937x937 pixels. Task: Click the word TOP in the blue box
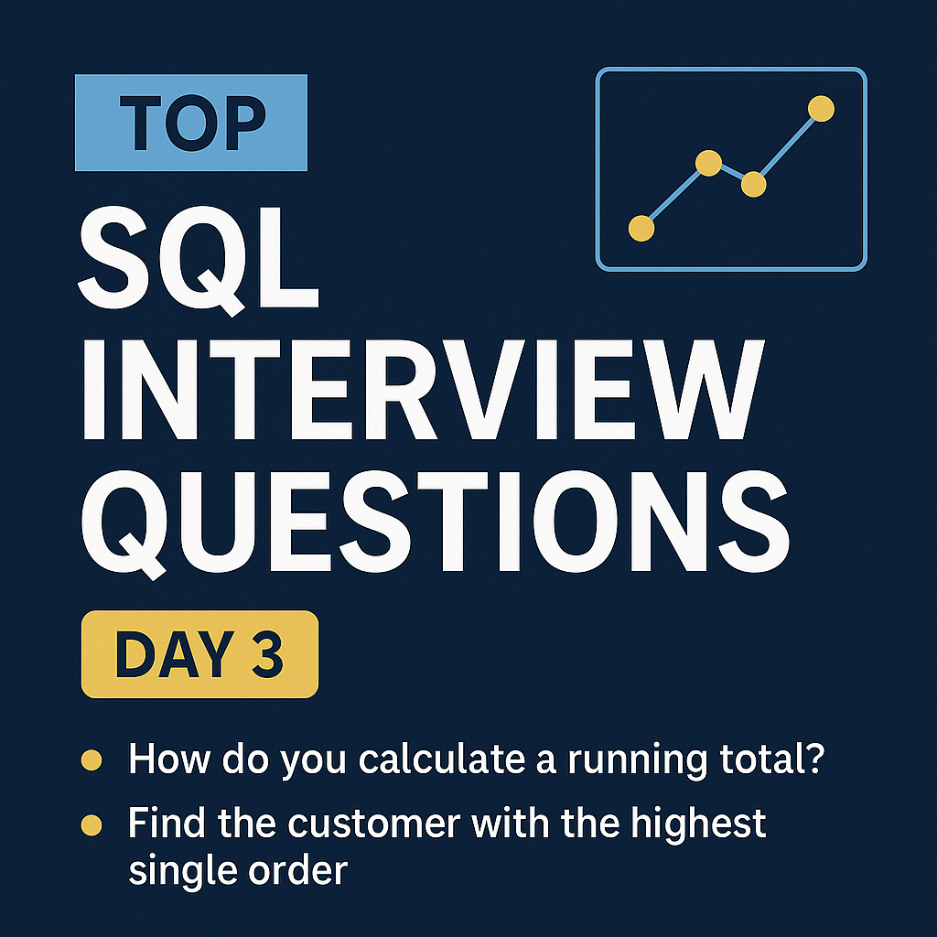tap(191, 124)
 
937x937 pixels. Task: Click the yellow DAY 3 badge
tap(199, 655)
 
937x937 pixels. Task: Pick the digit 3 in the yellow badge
tap(266, 655)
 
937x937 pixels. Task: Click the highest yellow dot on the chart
tap(822, 109)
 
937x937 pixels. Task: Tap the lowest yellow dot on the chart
tap(642, 228)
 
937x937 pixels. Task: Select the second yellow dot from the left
tap(709, 164)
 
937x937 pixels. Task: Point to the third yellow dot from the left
tap(753, 184)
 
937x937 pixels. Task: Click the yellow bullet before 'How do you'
tap(91, 760)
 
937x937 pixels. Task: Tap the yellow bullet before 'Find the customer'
tap(91, 825)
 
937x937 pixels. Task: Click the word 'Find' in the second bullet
tap(163, 824)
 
